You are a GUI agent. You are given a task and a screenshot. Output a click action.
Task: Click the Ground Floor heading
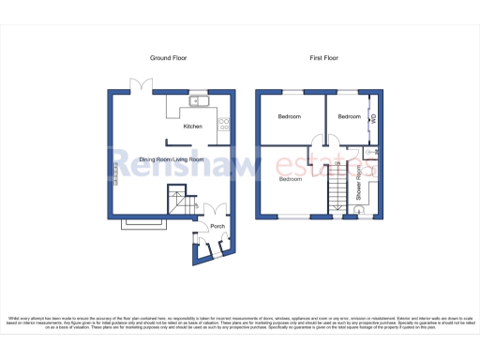click(169, 58)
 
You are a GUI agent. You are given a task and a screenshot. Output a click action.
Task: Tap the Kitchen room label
click(193, 127)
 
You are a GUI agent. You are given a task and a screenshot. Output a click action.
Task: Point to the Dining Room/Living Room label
click(172, 160)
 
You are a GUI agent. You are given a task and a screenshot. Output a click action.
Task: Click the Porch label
click(217, 227)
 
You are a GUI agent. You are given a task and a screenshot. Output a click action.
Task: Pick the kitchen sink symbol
click(199, 101)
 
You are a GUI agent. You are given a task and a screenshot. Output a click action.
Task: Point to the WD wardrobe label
click(373, 119)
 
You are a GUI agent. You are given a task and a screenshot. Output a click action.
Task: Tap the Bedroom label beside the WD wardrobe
click(349, 116)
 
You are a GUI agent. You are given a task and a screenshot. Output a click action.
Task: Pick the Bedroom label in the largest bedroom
click(290, 179)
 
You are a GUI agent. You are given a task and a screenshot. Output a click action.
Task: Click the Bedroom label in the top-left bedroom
click(289, 116)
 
